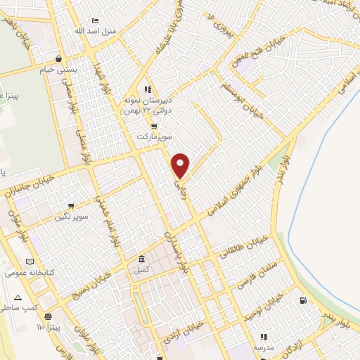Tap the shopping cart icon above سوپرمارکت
[x=154, y=127]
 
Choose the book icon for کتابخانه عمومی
[x=29, y=259]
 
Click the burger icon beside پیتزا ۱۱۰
[x=48, y=317]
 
